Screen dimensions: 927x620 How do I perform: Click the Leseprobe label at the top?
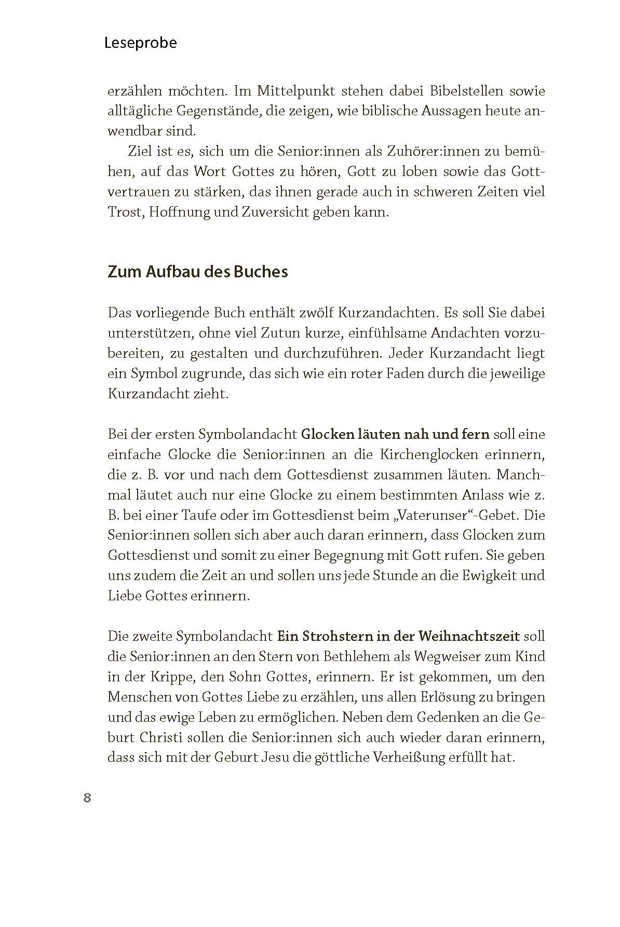click(x=140, y=43)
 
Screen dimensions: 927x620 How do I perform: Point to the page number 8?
click(x=87, y=798)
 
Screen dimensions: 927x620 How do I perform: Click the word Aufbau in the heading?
click(x=171, y=272)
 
